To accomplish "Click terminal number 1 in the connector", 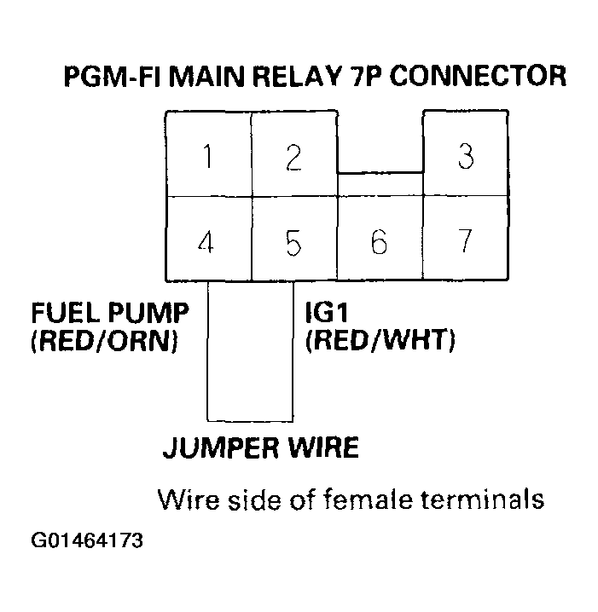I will pos(208,158).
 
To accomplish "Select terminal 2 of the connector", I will pos(293,158).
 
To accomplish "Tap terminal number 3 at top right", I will pos(465,158).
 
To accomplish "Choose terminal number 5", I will pos(293,242).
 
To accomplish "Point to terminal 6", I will pos(379,242).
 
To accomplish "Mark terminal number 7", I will pos(465,242).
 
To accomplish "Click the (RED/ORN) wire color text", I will pos(104,343).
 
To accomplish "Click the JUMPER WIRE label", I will pos(260,449).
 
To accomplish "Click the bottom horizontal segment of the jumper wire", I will pos(251,419).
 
